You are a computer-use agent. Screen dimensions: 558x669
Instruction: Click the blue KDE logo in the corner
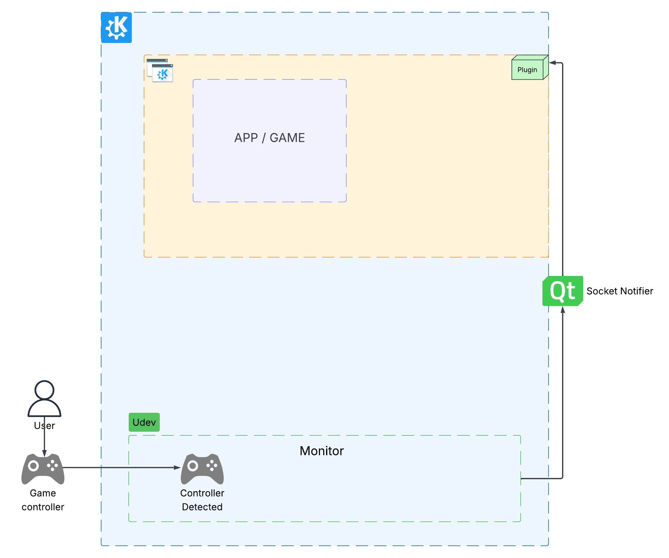[x=116, y=27]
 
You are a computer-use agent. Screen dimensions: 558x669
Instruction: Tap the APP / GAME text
[x=269, y=138]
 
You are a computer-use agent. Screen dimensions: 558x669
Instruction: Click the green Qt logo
[x=562, y=291]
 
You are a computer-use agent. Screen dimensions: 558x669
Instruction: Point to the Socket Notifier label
[x=619, y=291]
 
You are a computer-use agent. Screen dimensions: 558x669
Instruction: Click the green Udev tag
[x=144, y=422]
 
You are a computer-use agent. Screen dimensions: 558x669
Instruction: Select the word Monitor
[x=321, y=451]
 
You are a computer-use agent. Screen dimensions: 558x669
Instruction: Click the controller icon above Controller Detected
[x=202, y=468]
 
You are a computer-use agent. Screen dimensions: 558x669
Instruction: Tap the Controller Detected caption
[x=202, y=500]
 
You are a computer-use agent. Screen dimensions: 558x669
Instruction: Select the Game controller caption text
[x=43, y=500]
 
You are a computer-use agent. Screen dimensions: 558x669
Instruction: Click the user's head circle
[x=44, y=390]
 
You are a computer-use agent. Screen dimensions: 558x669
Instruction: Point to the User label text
[x=44, y=426]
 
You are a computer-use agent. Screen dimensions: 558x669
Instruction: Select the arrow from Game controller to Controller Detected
[x=121, y=468]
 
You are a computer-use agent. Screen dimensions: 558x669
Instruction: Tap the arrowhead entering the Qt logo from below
[x=563, y=310]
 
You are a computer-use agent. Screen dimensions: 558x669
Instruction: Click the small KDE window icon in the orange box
[x=160, y=71]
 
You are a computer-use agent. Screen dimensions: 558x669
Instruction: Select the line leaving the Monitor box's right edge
[x=542, y=478]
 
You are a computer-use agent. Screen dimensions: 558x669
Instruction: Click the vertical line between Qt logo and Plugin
[x=563, y=169]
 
